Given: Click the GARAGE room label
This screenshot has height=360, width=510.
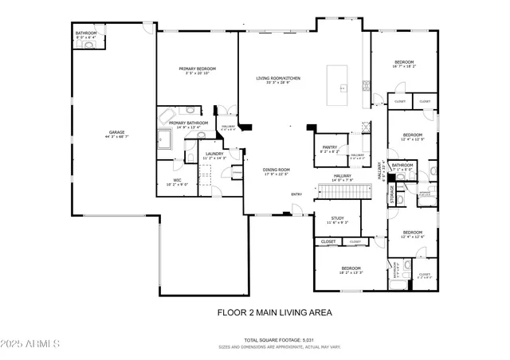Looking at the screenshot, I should coord(116,132).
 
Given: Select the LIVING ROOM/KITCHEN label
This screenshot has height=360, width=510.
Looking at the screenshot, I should coord(277,78).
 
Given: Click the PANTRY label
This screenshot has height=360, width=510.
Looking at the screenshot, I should coord(330,147).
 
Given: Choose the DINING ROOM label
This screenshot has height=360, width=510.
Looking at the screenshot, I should coord(277,170).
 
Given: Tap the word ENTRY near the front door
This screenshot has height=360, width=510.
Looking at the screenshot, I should coord(296,194).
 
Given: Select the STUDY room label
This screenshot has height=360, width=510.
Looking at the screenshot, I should coord(338,217).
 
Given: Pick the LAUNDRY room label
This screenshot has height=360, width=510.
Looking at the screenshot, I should coord(214,154).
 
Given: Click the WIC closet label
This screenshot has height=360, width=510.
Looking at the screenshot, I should coord(178,180).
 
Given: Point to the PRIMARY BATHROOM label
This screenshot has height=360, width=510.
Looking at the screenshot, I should coord(188,123).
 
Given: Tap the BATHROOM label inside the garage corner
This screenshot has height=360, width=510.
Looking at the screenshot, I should coord(86,33).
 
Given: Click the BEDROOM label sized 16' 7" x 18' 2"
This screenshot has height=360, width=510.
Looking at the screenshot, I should coord(403,62).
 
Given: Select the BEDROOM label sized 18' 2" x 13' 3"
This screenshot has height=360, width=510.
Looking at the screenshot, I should coord(351,268).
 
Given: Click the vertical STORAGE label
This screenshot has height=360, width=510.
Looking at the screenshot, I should coord(392,196).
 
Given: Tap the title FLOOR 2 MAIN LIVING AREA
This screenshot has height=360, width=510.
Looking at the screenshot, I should coord(274,312).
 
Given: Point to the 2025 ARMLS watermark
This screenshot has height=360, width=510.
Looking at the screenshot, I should coord(32,344).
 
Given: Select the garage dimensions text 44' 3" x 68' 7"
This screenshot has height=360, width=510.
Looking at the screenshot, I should coord(116,137).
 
